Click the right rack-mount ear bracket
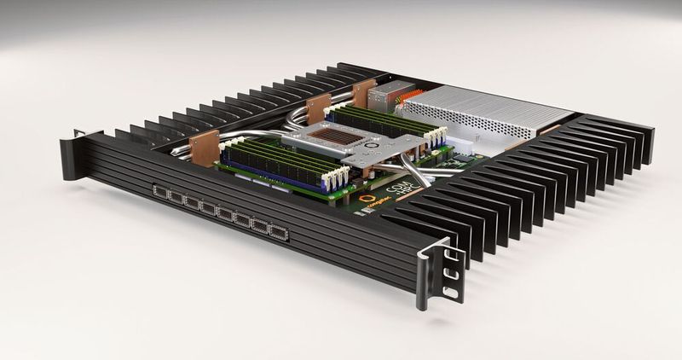439,271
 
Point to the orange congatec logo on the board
367,199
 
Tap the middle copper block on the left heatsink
318,107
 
